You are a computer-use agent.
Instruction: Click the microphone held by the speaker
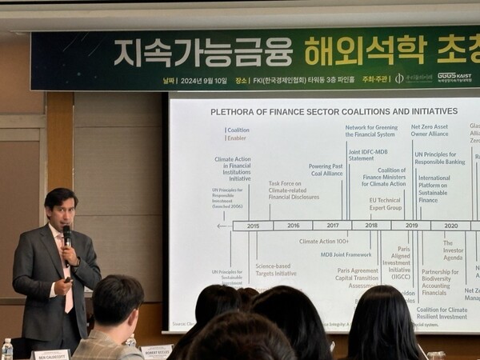tap(66, 235)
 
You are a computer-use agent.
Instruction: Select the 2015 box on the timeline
tap(252, 226)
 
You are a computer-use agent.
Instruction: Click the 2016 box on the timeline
tap(292, 226)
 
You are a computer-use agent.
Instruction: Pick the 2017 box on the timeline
tap(332, 226)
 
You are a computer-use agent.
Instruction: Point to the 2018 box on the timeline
tap(371, 226)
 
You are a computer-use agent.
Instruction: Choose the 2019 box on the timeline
tap(411, 226)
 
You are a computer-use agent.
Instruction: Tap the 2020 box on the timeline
tap(450, 226)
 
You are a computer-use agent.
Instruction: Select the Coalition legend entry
tap(238, 130)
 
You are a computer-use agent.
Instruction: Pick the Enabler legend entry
tap(236, 138)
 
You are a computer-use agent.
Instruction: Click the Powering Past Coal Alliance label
tap(326, 170)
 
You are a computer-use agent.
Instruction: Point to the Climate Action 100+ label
tap(324, 241)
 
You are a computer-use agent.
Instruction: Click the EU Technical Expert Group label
tap(385, 203)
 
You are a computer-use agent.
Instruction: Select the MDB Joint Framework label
tap(346, 254)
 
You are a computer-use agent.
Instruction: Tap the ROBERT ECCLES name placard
tap(157, 350)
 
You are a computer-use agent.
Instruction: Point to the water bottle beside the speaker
tap(7, 349)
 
